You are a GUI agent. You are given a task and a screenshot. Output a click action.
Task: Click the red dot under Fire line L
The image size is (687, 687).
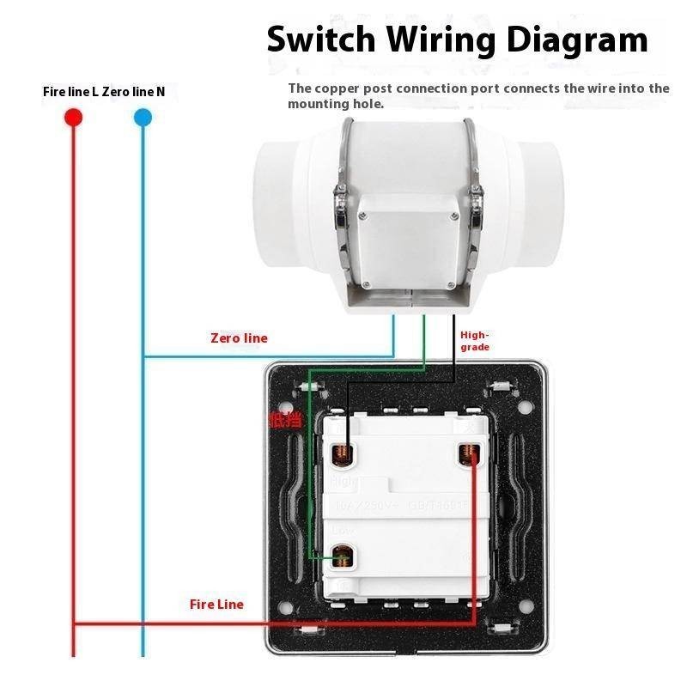click(73, 118)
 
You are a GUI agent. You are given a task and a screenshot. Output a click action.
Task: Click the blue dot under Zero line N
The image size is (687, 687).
click(143, 118)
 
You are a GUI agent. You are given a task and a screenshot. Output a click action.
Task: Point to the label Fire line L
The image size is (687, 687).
click(70, 91)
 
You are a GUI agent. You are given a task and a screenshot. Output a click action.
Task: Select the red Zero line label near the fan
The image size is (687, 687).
click(239, 338)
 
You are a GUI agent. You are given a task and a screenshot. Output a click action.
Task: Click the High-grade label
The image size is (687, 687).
click(475, 341)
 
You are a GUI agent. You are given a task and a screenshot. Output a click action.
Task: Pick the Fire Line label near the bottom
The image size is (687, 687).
click(216, 605)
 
